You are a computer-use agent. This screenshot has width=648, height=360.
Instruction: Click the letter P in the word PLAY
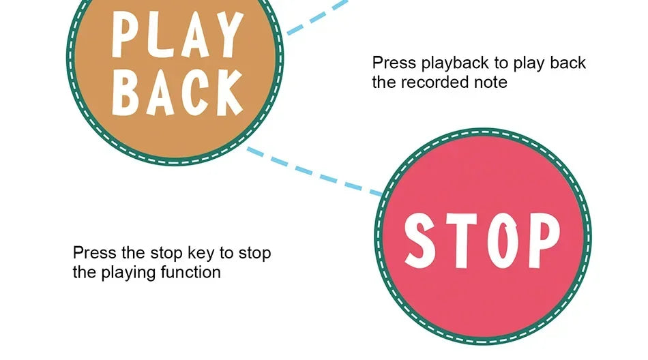tap(123, 34)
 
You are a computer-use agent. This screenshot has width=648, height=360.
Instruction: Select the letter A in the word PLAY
tap(195, 36)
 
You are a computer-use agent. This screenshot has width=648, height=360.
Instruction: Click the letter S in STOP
tap(420, 241)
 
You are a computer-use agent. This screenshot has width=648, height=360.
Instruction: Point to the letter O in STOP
tap(503, 241)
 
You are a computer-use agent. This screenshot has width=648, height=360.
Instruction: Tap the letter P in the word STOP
tap(544, 241)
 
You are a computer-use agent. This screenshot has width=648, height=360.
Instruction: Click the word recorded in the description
tap(439, 82)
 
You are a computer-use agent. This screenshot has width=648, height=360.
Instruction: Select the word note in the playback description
tap(493, 82)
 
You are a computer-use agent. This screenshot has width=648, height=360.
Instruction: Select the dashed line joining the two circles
tap(314, 171)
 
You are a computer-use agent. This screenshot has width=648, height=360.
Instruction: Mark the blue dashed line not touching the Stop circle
tap(317, 17)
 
